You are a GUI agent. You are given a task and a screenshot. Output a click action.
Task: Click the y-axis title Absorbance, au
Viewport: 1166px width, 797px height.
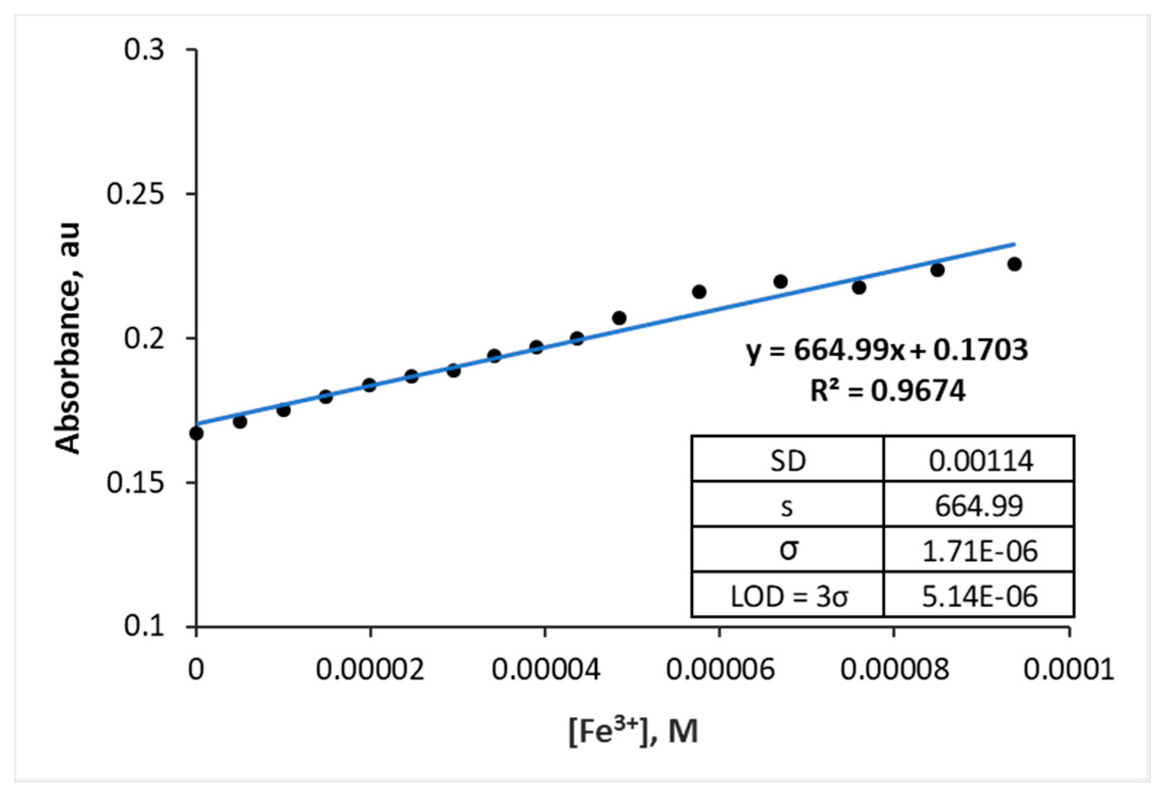(x=69, y=339)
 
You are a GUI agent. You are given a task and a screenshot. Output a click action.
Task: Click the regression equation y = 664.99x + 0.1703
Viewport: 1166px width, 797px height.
(x=887, y=350)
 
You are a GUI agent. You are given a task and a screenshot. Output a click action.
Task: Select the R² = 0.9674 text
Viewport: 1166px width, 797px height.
(x=887, y=391)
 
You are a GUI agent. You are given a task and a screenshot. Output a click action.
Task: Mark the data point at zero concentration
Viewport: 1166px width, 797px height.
(x=196, y=433)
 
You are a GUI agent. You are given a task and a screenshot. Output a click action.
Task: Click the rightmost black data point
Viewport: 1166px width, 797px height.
(x=1015, y=264)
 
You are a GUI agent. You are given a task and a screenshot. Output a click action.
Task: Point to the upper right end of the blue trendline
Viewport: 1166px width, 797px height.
(x=1014, y=244)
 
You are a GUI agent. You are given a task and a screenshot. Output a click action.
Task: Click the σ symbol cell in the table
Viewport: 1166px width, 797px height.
(x=787, y=551)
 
